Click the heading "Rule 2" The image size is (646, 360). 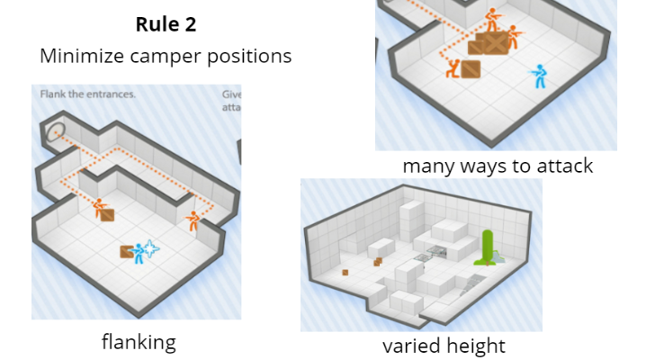point(166,24)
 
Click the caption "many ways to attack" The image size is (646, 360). point(498,166)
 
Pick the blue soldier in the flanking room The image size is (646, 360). point(139,253)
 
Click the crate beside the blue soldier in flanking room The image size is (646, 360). point(126,252)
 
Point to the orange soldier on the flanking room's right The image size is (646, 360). point(193,220)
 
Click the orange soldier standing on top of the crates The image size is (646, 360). point(491,18)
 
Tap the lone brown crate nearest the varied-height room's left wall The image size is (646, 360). point(345,272)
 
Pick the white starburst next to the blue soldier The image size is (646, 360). point(151,249)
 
